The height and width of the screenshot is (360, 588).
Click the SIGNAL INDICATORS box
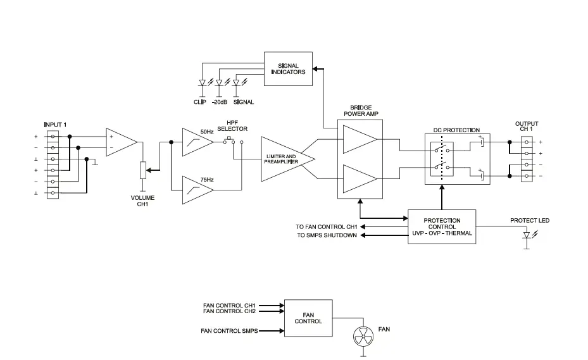coord(288,68)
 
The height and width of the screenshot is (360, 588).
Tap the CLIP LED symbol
coord(203,83)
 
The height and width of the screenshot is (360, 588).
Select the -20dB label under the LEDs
coord(220,102)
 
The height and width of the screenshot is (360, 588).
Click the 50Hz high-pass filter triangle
coord(196,142)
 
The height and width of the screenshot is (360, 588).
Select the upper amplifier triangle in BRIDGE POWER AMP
coord(358,139)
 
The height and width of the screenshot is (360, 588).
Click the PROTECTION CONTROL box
coord(442,227)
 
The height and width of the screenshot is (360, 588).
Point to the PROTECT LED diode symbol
coord(527,235)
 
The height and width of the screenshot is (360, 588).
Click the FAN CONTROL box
coord(308,318)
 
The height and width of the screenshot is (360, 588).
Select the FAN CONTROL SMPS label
coord(229,331)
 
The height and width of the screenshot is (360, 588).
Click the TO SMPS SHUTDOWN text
coord(326,235)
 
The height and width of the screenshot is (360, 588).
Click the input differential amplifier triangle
coord(120,141)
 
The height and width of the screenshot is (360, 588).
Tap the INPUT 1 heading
coord(54,124)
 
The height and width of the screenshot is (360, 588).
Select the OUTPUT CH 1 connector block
coord(527,158)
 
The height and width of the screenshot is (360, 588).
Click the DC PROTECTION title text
coord(456,130)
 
